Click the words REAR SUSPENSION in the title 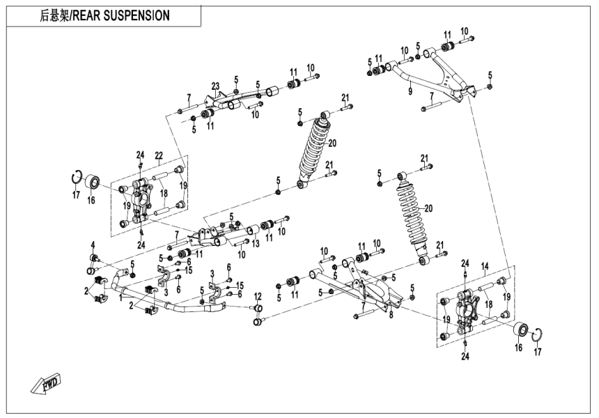coord(128,15)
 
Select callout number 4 coord(91,243)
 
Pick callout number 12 coord(257,297)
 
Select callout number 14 coord(485,267)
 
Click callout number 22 coord(158,155)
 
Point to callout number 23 coord(215,86)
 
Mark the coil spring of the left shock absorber coord(313,148)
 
